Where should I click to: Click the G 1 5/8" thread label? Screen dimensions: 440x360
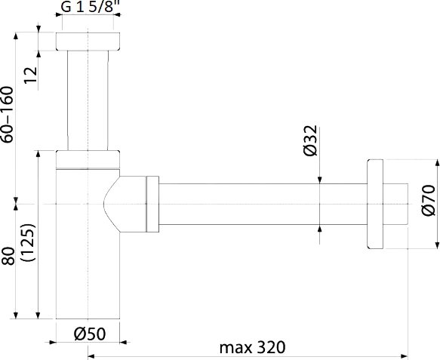click(x=89, y=6)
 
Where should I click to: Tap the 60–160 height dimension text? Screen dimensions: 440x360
click(x=8, y=115)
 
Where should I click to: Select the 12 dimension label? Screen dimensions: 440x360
click(x=31, y=75)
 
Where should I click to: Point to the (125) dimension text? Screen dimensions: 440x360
click(x=29, y=243)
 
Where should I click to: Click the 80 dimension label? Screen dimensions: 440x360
click(x=8, y=256)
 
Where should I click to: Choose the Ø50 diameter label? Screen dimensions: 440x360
click(x=90, y=334)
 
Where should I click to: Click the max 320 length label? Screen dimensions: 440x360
click(x=252, y=347)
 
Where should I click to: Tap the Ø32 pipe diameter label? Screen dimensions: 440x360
click(x=310, y=140)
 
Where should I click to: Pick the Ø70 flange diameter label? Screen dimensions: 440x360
click(x=429, y=200)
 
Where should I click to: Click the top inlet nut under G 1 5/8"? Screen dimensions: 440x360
click(x=88, y=42)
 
